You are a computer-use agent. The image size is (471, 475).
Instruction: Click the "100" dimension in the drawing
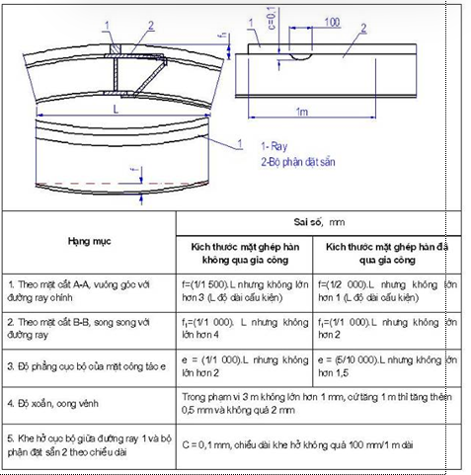coord(332,20)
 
